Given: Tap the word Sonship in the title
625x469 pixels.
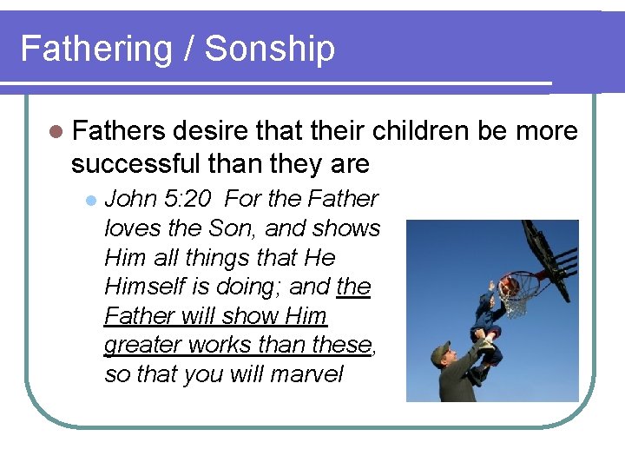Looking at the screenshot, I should [x=273, y=49].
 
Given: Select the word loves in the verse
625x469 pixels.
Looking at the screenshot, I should [x=129, y=228].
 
